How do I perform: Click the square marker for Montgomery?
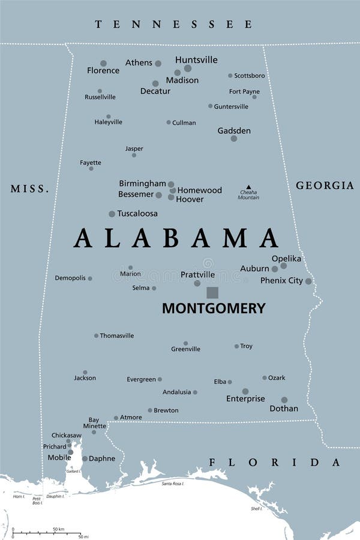point(212,292)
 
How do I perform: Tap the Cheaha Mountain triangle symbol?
point(248,187)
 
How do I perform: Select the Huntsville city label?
point(196,60)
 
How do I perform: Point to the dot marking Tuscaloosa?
point(112,214)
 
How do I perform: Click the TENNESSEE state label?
point(174,24)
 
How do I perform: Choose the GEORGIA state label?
point(325,185)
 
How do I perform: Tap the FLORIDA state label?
point(274,462)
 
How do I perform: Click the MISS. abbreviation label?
point(29,189)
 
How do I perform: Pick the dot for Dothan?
point(284,400)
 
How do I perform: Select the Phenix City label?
point(281,280)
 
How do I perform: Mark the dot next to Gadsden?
point(234,139)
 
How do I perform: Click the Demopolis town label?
point(70,278)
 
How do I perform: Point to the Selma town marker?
point(154,288)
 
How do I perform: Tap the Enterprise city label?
point(245,398)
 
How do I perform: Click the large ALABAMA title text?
point(176,239)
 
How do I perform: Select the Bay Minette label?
point(94,423)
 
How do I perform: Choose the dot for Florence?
point(103,63)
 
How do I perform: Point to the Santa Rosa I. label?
point(172,483)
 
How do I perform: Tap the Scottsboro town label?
point(249,76)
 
